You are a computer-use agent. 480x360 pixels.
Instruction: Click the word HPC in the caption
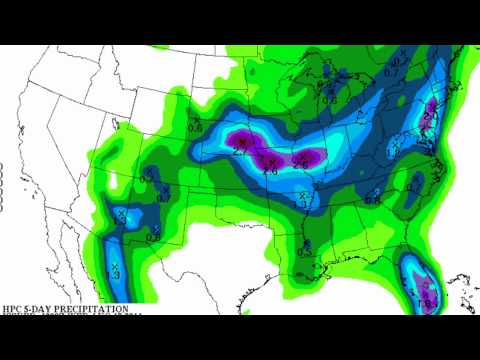pos(13,310)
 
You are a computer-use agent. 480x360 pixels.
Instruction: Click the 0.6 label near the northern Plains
pos(196,126)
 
